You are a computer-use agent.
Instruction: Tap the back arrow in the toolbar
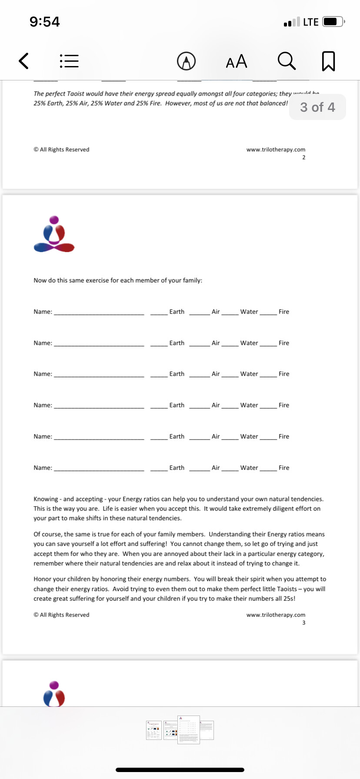tap(24, 61)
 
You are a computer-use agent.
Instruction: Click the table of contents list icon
tap(69, 61)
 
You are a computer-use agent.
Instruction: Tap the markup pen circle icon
tap(186, 61)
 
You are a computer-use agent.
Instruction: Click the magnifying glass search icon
tap(287, 61)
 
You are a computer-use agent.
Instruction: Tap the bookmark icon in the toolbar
tap(328, 61)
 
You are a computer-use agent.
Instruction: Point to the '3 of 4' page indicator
tap(317, 107)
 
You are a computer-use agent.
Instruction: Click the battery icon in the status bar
tap(333, 22)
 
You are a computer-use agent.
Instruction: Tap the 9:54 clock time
tap(45, 22)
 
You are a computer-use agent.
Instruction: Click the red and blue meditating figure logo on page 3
tap(54, 234)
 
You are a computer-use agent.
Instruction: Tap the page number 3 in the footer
tap(303, 623)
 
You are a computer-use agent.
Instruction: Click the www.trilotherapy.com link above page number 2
tap(276, 150)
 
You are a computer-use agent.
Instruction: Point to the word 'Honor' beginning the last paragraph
tap(42, 579)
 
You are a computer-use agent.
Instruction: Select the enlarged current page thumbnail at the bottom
tap(188, 729)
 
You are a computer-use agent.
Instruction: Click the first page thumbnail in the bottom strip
tap(153, 730)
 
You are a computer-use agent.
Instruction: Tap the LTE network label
tap(310, 22)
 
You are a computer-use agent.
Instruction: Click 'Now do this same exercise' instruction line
tap(118, 280)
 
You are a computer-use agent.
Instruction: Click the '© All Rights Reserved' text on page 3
tap(61, 615)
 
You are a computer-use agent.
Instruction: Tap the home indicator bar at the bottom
tap(180, 770)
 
